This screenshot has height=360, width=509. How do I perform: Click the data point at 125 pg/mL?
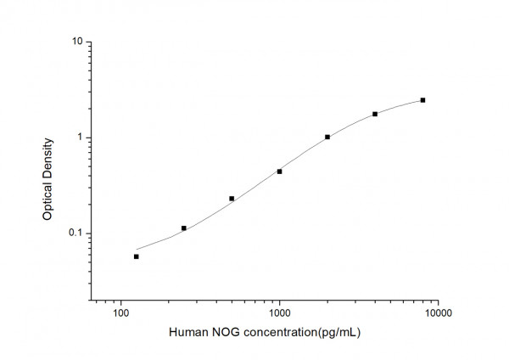tap(136, 256)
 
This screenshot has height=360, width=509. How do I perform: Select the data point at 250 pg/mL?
tap(183, 228)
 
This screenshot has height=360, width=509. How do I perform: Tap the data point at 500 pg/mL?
tap(232, 199)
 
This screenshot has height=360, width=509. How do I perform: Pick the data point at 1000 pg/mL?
tap(279, 172)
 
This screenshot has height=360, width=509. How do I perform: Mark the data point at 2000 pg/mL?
tap(327, 137)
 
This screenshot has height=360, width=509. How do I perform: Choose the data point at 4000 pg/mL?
tap(375, 114)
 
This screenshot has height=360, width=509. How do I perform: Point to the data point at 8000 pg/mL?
tap(422, 100)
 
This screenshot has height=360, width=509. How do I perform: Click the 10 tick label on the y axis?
tap(76, 42)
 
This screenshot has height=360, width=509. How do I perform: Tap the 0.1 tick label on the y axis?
tap(74, 233)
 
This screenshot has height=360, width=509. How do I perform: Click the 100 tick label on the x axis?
tap(120, 314)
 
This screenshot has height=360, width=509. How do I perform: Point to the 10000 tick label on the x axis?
tap(438, 314)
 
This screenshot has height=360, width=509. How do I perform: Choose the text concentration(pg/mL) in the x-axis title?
tap(299, 333)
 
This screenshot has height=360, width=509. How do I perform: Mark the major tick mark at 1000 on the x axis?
tap(279, 299)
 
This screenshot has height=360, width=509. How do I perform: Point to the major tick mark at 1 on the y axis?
tap(91, 138)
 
